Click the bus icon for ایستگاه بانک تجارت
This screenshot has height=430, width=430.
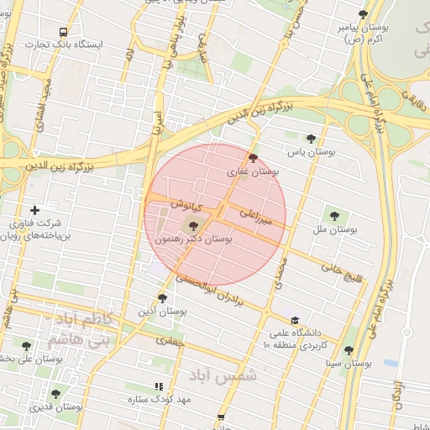point(63,32)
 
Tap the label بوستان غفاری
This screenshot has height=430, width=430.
point(253,171)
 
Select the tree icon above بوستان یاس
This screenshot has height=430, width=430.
point(311,139)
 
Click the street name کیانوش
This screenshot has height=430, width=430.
point(186,204)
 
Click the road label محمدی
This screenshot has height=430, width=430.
point(281,273)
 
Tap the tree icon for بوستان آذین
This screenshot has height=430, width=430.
point(162,297)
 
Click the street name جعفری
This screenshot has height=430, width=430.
point(170,342)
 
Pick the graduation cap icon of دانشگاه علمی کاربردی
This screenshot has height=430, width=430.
point(294,320)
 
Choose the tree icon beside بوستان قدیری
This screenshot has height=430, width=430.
point(55,394)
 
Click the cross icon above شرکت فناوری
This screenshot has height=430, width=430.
point(34,210)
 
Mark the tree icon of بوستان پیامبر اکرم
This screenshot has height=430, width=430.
point(363,14)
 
